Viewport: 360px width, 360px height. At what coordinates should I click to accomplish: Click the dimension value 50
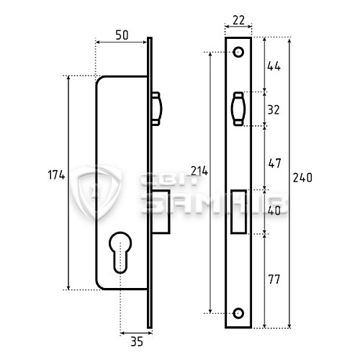(x=122, y=34)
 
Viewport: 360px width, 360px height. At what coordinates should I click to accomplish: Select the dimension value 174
(x=57, y=175)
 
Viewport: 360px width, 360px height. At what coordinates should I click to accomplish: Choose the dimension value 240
(x=303, y=178)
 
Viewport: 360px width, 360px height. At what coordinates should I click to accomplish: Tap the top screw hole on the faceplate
(x=238, y=53)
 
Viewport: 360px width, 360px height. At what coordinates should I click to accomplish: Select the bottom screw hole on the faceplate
(x=238, y=313)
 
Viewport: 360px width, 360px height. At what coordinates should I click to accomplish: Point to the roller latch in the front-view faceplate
(x=238, y=110)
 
